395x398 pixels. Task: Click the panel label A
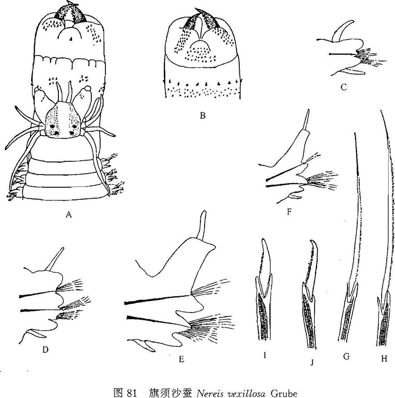[68, 215]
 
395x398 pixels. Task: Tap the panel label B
[202, 115]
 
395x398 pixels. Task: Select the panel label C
[343, 87]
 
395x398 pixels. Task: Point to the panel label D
[45, 350]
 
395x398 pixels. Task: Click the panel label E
[181, 359]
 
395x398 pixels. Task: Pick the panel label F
[289, 212]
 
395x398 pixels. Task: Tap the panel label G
[346, 356]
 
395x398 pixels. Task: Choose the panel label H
[384, 359]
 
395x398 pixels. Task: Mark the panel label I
[265, 355]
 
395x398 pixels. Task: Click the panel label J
[312, 362]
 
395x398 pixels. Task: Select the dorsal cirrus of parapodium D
[54, 259]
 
